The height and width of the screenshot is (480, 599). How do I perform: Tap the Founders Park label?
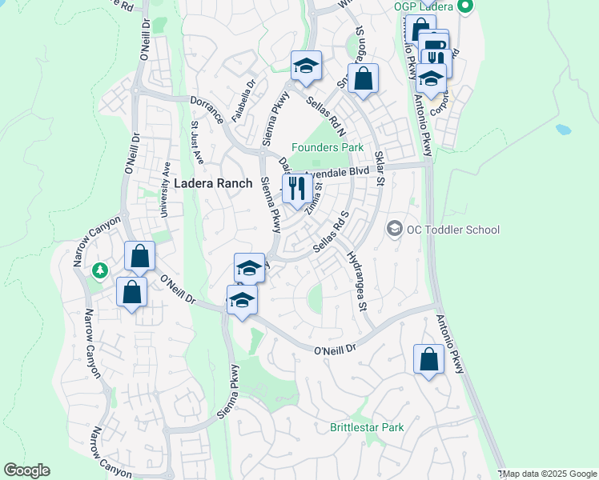point(327,147)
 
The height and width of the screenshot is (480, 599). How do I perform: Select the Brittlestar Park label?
point(367,427)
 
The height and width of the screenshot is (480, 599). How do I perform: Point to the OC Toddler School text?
point(452,230)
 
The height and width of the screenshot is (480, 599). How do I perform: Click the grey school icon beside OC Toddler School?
point(394,230)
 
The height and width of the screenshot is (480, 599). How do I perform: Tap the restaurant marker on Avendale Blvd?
point(296,189)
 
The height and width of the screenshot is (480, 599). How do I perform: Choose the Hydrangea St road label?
point(356,281)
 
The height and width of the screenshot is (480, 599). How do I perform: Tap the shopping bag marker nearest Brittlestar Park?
point(428,358)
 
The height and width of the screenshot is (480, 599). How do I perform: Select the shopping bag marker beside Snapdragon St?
point(363,78)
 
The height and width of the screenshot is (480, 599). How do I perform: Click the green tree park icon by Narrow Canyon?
point(100,271)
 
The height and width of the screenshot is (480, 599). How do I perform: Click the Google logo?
point(26,470)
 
